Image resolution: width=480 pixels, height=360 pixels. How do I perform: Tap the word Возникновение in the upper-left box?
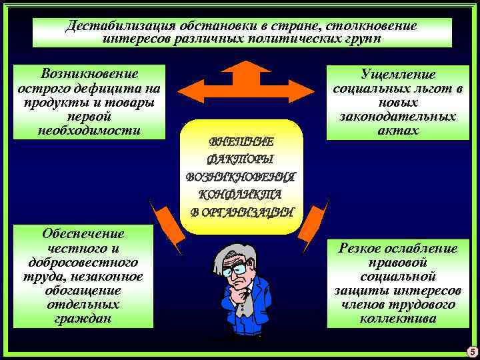[91, 73]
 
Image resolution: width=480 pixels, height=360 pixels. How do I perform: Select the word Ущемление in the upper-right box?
[398, 75]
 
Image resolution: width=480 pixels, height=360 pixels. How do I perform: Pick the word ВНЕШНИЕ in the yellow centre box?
[241, 141]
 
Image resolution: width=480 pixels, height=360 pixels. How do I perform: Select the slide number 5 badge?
[472, 352]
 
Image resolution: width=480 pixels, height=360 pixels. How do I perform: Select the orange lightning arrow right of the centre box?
[315, 220]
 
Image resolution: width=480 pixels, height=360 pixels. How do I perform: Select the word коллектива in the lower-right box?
[398, 319]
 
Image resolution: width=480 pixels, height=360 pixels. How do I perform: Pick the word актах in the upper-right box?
[398, 131]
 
